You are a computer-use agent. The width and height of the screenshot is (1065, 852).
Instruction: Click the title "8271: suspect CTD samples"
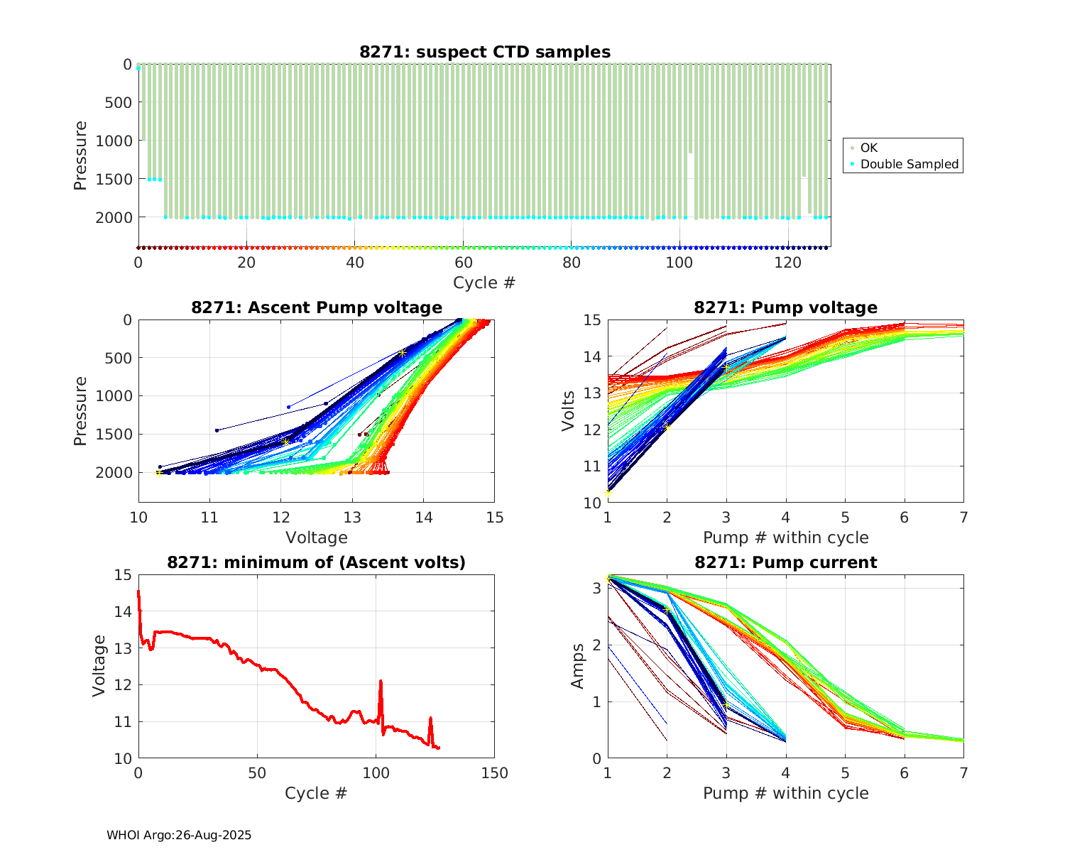pos(485,52)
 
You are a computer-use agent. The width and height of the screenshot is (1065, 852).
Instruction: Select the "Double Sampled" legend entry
pos(909,165)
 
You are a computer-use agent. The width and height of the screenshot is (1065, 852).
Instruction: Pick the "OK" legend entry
pos(869,148)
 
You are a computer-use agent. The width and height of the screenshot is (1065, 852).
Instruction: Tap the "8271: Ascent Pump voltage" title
pos(317,307)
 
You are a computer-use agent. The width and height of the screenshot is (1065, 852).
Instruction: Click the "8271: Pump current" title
pos(786,562)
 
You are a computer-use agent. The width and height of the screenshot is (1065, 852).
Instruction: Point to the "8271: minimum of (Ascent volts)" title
pos(317,562)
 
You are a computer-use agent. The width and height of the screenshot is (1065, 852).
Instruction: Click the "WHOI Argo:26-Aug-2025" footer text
pos(179,835)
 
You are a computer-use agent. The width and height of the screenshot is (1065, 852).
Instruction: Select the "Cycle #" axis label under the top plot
pos(484,283)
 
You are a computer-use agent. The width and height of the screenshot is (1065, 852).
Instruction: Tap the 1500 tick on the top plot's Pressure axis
pos(114,179)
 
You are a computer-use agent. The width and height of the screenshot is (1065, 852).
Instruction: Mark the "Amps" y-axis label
pos(578,665)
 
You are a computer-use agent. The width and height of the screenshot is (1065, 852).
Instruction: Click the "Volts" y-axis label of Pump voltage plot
pos(569,410)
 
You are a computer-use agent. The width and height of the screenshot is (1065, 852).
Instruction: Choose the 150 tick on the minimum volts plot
pos(494,773)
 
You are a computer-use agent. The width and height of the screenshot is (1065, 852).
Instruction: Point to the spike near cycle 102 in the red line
pos(381,682)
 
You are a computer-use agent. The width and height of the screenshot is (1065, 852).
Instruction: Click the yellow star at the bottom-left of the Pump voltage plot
pos(608,493)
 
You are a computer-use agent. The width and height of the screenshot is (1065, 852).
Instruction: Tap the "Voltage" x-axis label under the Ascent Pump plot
pos(317,537)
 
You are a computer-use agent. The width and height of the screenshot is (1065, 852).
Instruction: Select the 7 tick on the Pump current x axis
pos(963,773)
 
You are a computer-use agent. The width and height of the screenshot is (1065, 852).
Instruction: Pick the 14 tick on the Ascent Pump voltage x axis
pos(423,518)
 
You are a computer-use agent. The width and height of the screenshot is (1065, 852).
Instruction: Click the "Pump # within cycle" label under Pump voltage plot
pos(786,537)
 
